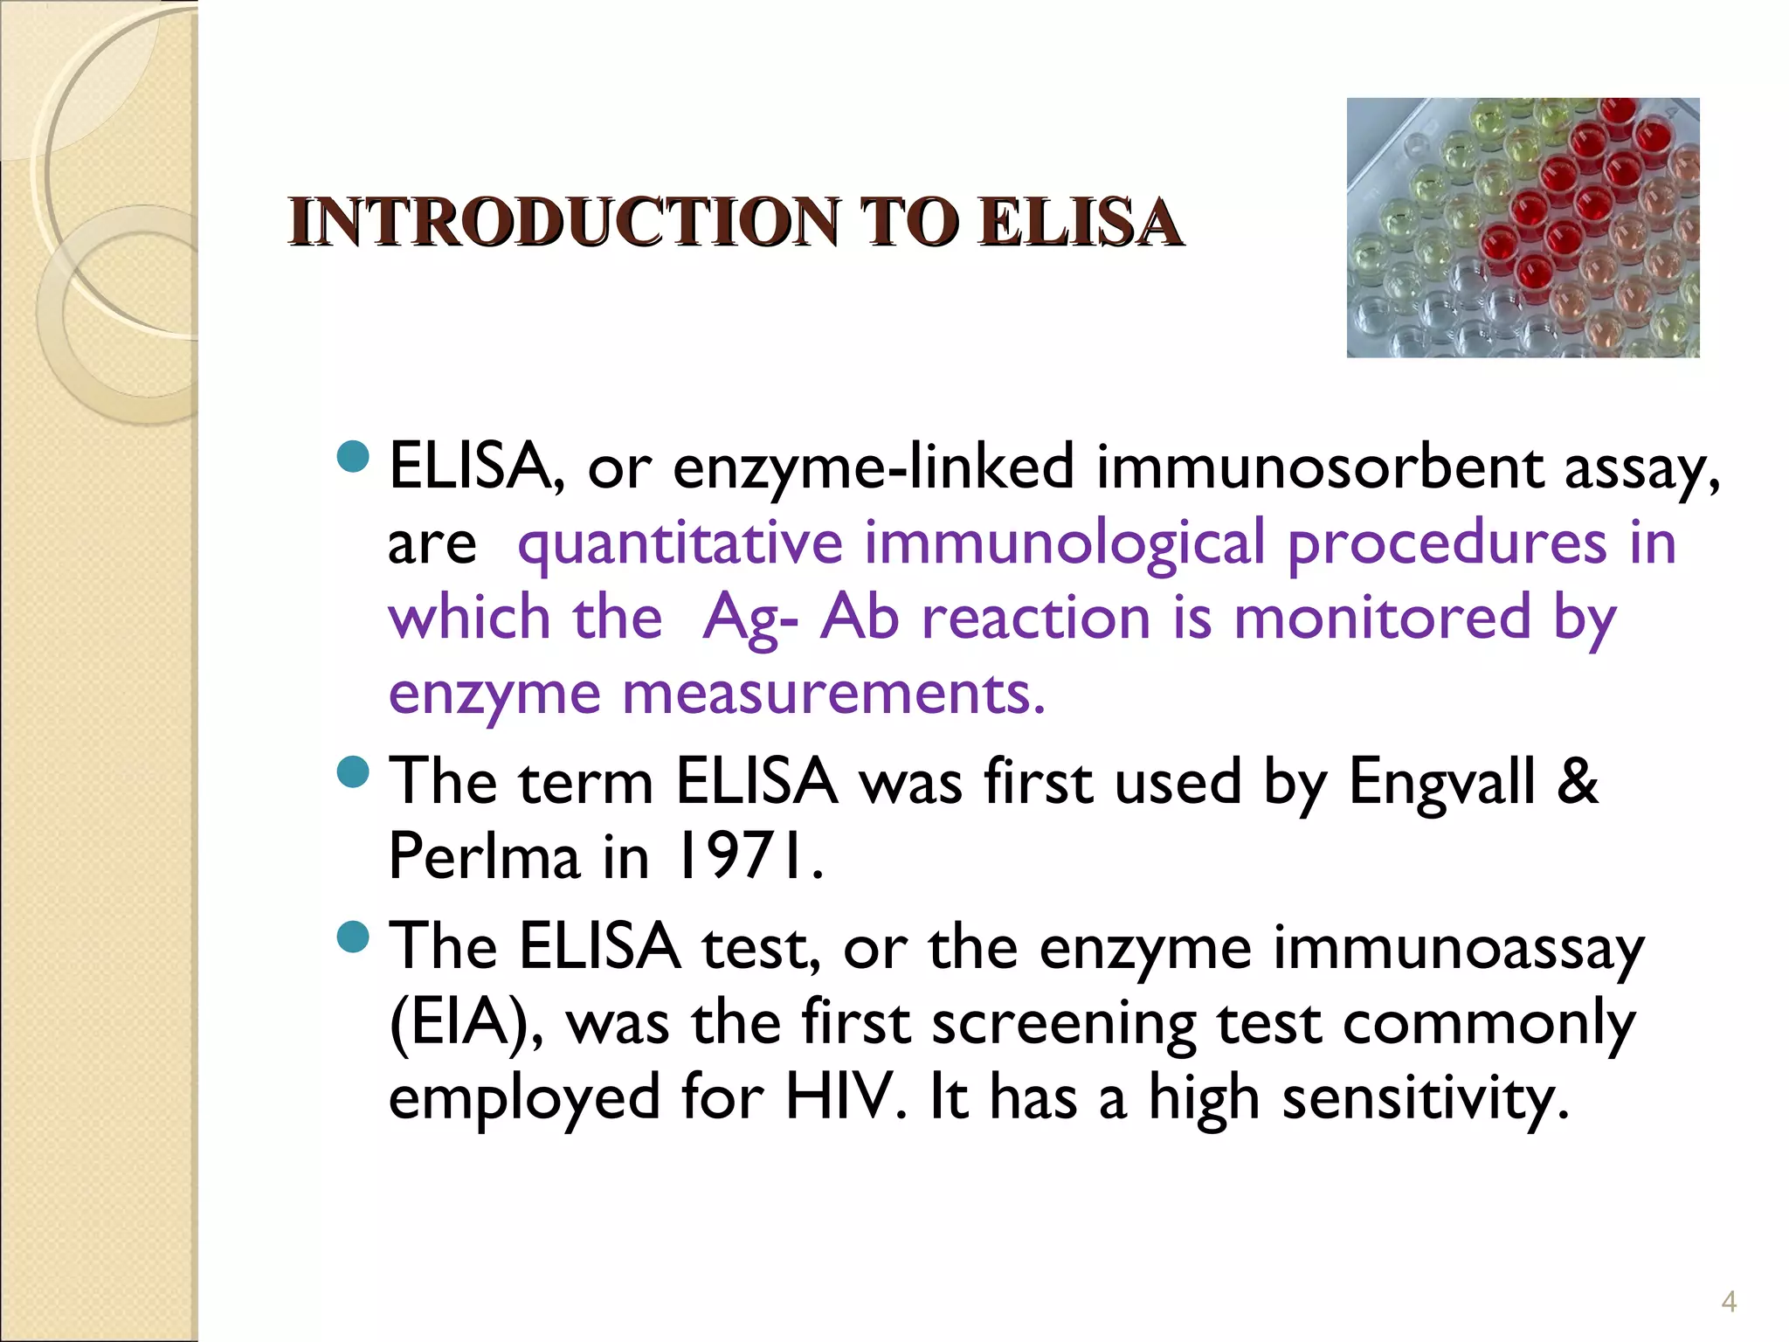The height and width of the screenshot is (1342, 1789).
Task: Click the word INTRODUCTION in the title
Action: coord(564,223)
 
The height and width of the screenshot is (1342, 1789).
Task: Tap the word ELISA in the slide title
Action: coord(1080,223)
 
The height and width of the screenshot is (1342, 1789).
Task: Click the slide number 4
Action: coord(1729,1302)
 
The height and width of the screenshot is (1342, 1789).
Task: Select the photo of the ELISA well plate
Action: coord(1523,228)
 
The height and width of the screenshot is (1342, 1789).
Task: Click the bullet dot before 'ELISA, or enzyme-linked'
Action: coord(353,456)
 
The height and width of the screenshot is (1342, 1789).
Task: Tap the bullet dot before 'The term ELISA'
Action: coord(353,771)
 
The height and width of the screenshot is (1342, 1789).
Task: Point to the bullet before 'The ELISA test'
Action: coord(353,937)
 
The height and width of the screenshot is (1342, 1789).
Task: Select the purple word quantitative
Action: coord(680,543)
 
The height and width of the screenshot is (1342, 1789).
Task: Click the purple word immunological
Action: coord(1065,543)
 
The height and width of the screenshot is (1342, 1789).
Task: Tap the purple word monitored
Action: coord(1382,619)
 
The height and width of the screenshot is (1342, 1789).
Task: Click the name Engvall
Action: coord(1441,781)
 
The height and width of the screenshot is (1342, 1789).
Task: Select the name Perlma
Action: coord(484,857)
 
